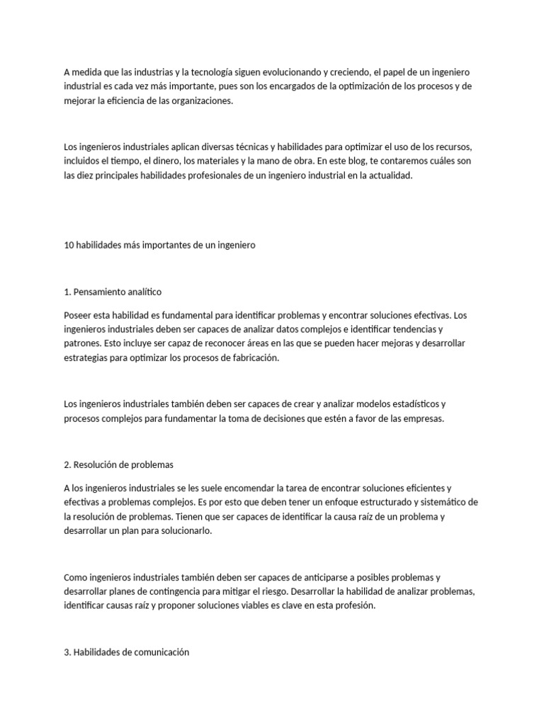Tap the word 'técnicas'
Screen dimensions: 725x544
pos(233,147)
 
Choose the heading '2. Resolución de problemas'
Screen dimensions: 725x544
pos(118,464)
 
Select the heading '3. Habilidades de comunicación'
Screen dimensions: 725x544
pos(127,652)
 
